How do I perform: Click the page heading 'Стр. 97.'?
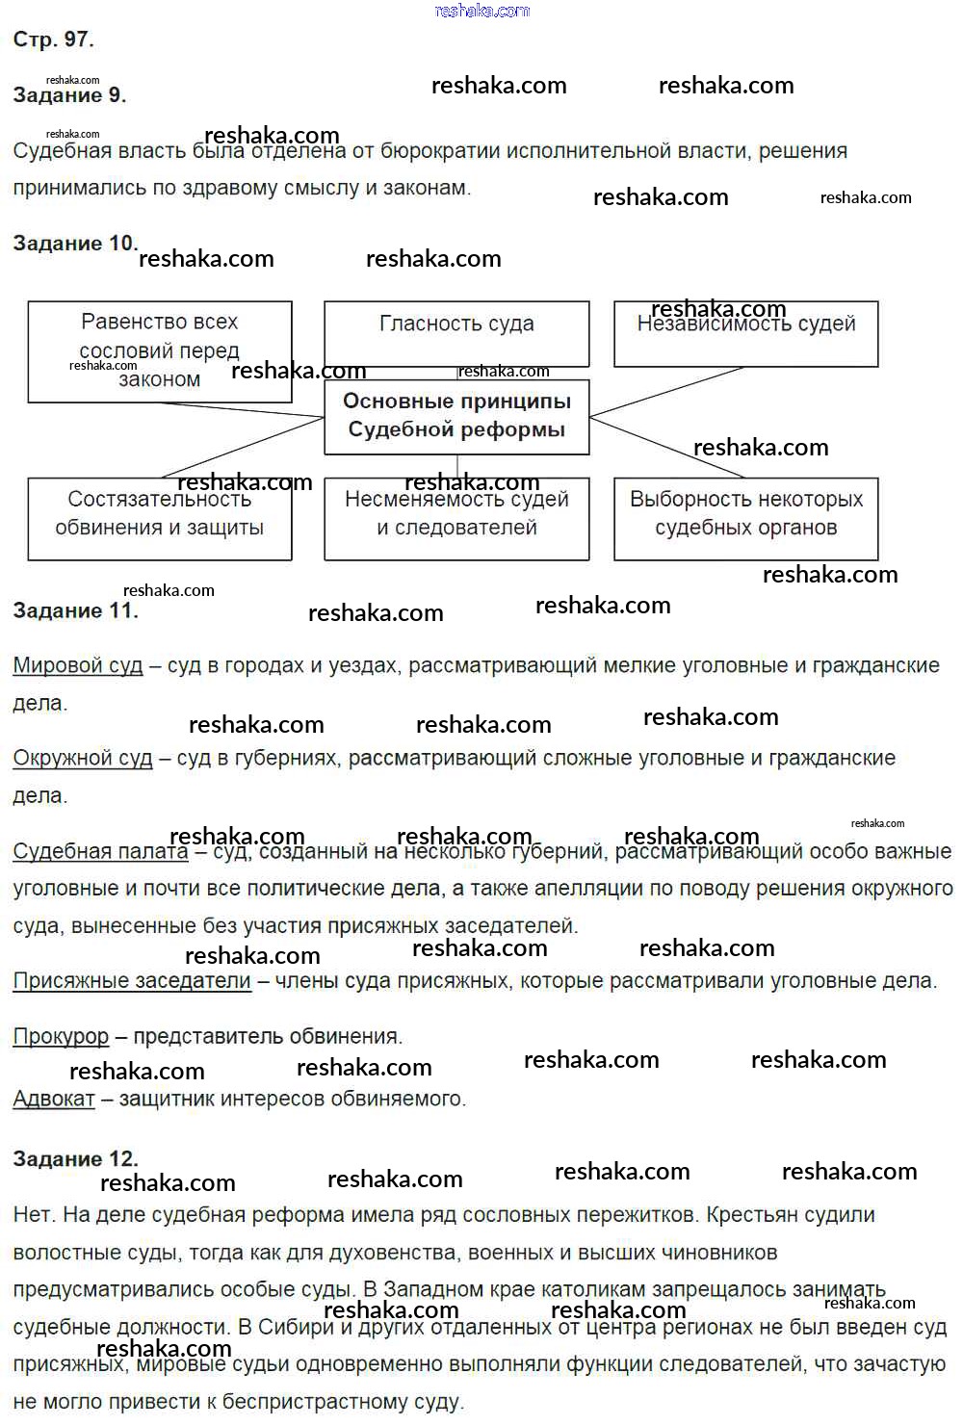(53, 39)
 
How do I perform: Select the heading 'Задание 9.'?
(69, 95)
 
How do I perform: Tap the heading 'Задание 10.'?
(75, 244)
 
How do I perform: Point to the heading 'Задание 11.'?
(75, 610)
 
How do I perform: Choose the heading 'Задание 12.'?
(75, 1159)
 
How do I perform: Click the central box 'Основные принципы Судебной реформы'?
(456, 416)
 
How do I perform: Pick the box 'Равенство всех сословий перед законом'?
(160, 350)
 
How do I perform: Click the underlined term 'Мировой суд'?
(78, 665)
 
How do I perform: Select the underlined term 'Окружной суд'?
(83, 759)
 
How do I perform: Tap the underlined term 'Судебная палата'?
(100, 852)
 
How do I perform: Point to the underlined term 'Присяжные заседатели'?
(132, 981)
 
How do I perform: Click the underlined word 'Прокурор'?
(61, 1037)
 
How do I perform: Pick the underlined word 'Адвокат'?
(54, 1099)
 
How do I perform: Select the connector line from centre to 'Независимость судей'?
(666, 392)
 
